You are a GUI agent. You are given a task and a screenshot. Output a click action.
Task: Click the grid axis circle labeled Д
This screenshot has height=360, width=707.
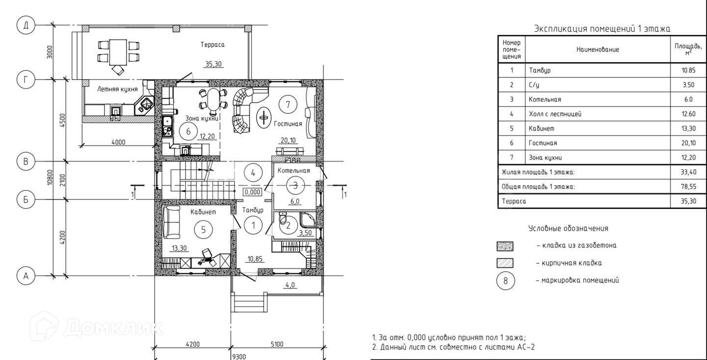26,25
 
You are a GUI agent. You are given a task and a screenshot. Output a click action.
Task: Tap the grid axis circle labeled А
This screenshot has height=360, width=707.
26,276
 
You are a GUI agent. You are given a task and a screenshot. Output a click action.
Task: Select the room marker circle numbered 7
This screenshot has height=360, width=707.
288,105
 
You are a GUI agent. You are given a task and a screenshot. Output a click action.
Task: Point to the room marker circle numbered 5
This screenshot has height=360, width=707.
203,229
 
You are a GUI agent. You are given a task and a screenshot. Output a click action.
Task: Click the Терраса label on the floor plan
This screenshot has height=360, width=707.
213,45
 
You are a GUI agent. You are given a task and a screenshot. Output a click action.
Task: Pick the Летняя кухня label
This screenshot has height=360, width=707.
117,89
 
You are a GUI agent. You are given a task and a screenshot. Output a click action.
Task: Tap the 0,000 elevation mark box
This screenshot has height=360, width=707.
252,192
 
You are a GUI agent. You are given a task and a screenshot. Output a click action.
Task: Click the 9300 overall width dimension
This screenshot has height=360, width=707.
239,357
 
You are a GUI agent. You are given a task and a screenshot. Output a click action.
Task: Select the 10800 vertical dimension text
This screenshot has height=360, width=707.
50,177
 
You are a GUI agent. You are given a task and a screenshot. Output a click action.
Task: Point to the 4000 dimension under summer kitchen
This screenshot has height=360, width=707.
118,142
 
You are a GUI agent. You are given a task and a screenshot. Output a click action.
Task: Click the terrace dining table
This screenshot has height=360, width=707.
118,52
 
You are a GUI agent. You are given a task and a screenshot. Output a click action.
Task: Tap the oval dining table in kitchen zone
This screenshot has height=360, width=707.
214,102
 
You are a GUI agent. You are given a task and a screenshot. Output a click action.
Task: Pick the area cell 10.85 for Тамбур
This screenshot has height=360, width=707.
688,70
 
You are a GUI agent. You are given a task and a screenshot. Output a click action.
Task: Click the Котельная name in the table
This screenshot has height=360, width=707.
545,100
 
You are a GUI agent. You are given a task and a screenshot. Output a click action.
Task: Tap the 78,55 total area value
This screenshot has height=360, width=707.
688,187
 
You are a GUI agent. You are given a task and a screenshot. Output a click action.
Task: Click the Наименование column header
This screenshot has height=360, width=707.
598,50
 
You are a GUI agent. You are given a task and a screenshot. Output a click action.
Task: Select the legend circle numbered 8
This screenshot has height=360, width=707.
506,280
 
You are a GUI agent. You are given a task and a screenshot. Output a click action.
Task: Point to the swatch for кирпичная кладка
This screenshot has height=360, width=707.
505,263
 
